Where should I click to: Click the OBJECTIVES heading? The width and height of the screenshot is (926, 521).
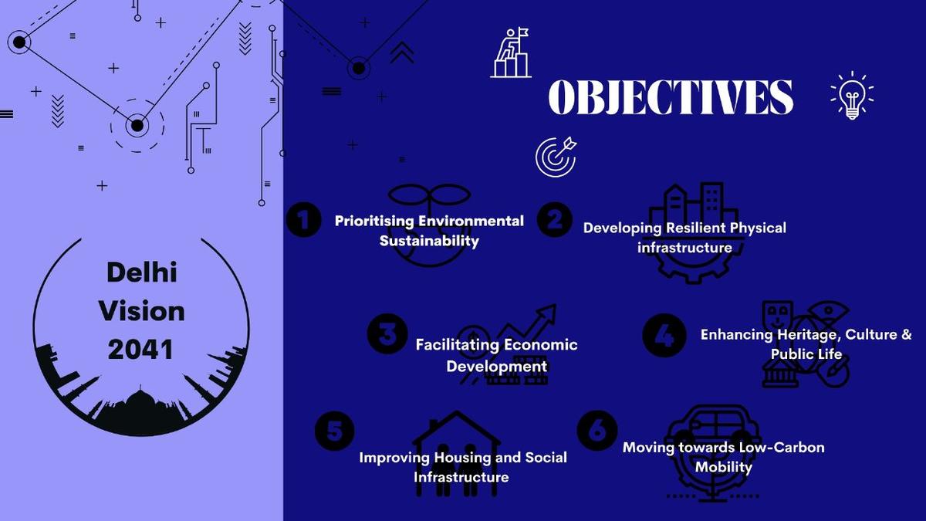point(670,96)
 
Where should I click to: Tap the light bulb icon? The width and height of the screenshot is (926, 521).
point(852,96)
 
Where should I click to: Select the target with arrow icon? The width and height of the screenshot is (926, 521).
point(556,154)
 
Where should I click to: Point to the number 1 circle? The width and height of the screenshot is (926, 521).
point(303,220)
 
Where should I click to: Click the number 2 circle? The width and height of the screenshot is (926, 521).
point(554,220)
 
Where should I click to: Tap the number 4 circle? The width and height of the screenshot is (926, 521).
point(663,335)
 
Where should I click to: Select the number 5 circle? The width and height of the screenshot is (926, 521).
point(335,431)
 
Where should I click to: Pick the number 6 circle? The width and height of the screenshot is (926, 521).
point(597,431)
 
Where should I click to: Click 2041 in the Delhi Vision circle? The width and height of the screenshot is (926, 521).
point(140,350)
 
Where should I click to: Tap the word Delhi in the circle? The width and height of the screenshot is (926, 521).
point(142,272)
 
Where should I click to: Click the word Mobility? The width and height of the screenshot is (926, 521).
point(723,467)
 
